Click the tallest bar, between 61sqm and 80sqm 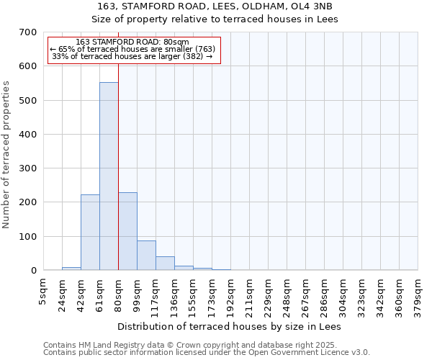coord(109,176)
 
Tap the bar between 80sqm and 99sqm coord(127,231)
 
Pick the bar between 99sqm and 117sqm coord(146,256)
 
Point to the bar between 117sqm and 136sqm coord(165,264)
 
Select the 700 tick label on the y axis coord(28,32)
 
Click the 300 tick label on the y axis coord(28,168)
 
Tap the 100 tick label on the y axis coord(28,237)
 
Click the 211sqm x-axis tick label coord(249,294)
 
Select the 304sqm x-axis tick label coord(343,294)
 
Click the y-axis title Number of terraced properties coord(7,155)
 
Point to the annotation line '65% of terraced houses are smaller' coord(132,49)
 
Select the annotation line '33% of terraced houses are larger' coord(132,56)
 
